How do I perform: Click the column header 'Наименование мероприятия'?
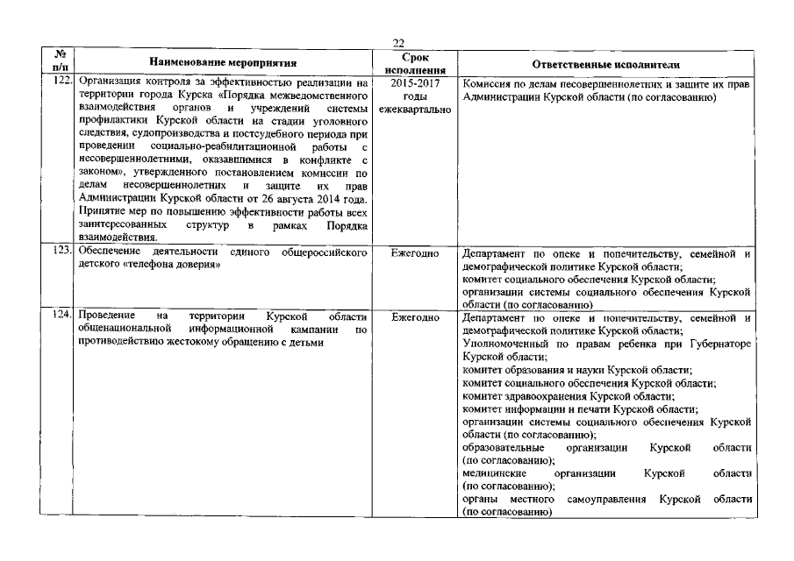click(223, 63)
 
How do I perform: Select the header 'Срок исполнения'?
click(414, 62)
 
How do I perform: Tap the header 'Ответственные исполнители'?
click(605, 64)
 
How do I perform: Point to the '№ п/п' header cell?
click(59, 61)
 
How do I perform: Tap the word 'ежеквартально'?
click(414, 110)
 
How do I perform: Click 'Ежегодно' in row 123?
click(414, 253)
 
